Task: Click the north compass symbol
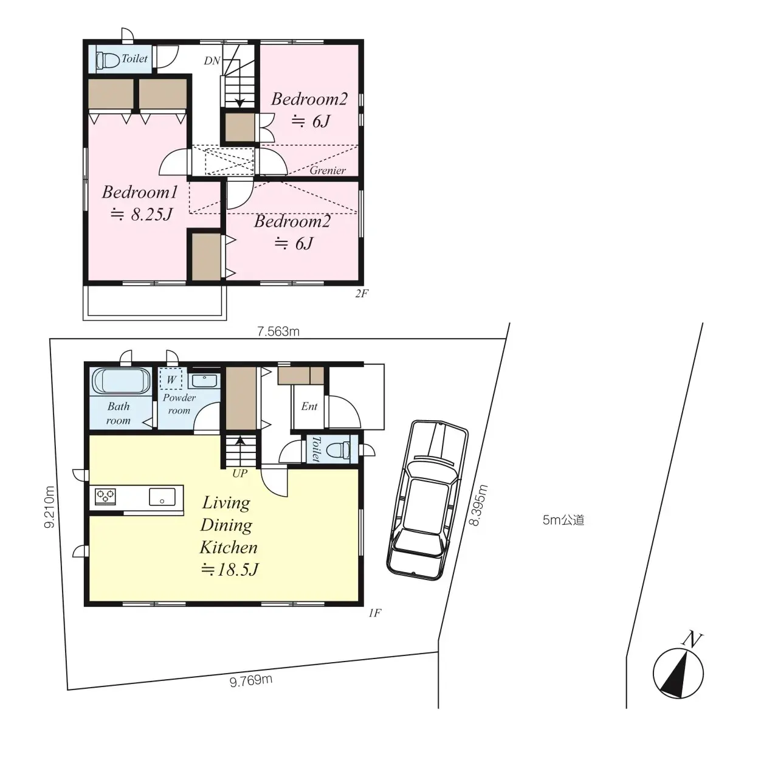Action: [678, 672]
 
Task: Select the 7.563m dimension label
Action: [278, 331]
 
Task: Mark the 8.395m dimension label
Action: [480, 505]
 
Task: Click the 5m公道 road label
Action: [563, 520]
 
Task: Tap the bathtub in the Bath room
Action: [120, 382]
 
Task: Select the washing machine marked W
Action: [171, 379]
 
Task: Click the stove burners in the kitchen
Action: [105, 496]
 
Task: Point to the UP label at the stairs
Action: [240, 473]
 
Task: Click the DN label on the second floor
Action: [212, 61]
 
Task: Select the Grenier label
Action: [328, 170]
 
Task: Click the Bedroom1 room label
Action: [140, 193]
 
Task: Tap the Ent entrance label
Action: [309, 406]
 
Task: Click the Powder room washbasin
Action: [203, 381]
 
